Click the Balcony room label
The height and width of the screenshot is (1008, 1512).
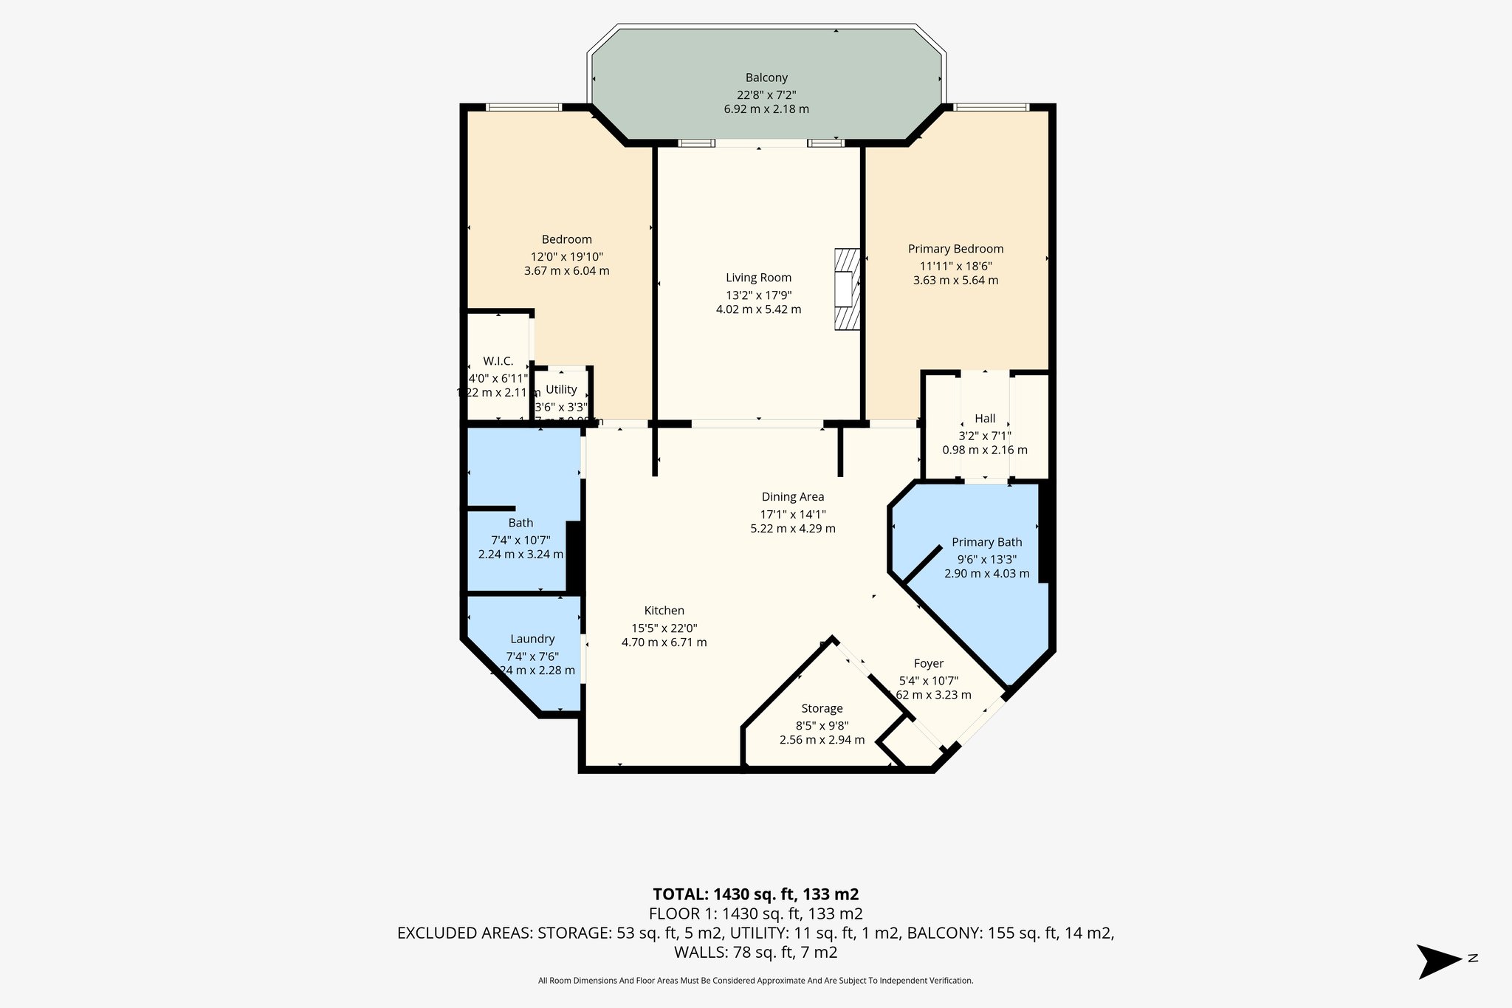click(x=766, y=78)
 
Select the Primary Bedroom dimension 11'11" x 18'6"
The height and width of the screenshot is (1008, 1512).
click(x=955, y=266)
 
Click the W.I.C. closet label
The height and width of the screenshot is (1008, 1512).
click(x=498, y=361)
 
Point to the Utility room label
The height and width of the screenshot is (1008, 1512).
click(x=561, y=389)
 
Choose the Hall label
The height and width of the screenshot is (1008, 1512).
click(x=985, y=418)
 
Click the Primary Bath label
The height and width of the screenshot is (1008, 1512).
click(x=986, y=542)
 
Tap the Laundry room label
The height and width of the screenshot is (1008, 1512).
click(x=532, y=639)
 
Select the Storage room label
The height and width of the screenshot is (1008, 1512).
click(x=822, y=708)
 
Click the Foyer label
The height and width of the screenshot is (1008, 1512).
click(x=928, y=663)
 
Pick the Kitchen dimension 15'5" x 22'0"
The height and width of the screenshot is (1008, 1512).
click(x=664, y=628)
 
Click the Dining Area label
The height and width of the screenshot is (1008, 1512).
click(x=793, y=497)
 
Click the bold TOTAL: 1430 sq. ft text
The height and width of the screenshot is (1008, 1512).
click(x=755, y=894)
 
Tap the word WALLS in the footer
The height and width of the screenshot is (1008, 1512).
click(x=699, y=952)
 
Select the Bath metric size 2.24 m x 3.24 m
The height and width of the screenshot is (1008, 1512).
click(x=520, y=554)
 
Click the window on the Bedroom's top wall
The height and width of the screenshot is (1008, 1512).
click(x=523, y=108)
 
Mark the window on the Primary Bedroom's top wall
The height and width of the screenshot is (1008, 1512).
click(x=990, y=108)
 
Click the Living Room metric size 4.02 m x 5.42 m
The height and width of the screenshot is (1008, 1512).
click(x=758, y=309)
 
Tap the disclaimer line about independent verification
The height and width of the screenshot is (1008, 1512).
click(x=755, y=981)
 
